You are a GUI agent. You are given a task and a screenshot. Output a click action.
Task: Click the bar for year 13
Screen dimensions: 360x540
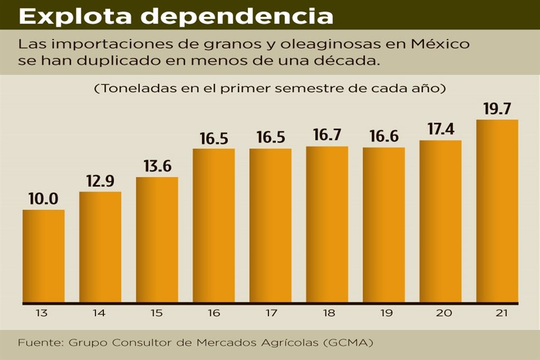[x=43, y=256]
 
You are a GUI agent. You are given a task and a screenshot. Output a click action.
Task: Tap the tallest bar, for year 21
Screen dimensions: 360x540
[x=497, y=211]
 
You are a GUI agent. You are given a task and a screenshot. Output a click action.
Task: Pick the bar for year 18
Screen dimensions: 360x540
[x=327, y=224]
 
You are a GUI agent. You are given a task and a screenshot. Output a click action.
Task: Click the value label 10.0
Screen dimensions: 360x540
[x=43, y=199]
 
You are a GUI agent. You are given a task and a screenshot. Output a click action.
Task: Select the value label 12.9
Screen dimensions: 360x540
[x=100, y=181]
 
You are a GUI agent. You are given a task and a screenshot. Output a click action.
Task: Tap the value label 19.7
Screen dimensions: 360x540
[x=497, y=109]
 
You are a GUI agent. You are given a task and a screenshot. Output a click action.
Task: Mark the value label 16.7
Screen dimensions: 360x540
[x=327, y=136]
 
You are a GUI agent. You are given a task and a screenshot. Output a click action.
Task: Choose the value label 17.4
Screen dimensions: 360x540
[x=440, y=130]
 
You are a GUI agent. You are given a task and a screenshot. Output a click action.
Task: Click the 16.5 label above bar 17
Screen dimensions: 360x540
[x=270, y=138]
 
